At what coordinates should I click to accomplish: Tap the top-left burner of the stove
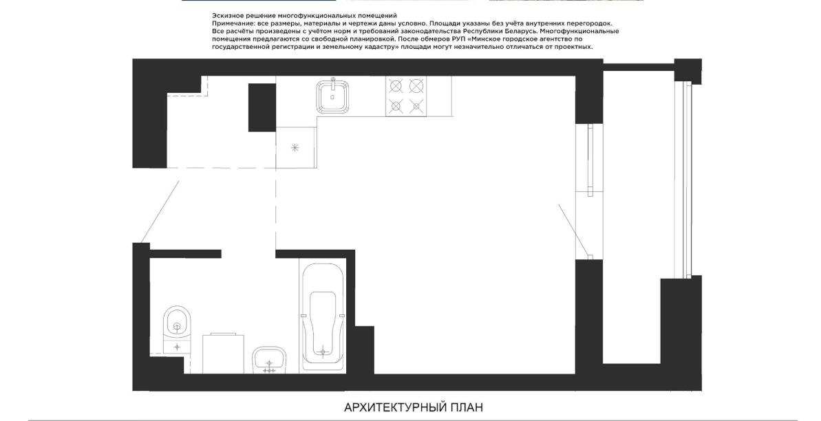click(396, 85)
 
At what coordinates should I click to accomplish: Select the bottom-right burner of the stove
click(416, 107)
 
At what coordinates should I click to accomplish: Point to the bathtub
click(323, 317)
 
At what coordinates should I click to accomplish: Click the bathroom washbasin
click(269, 360)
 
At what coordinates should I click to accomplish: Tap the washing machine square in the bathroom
click(224, 354)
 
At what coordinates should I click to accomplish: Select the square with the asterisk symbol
click(295, 148)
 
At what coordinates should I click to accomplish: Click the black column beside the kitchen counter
click(262, 107)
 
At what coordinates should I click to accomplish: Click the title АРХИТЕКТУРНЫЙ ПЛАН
click(414, 407)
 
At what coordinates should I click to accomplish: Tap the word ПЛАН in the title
click(467, 407)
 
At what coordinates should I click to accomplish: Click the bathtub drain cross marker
click(323, 351)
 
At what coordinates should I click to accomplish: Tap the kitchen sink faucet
click(332, 82)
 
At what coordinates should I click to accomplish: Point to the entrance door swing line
click(160, 212)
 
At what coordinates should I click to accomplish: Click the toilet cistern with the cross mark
click(177, 347)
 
